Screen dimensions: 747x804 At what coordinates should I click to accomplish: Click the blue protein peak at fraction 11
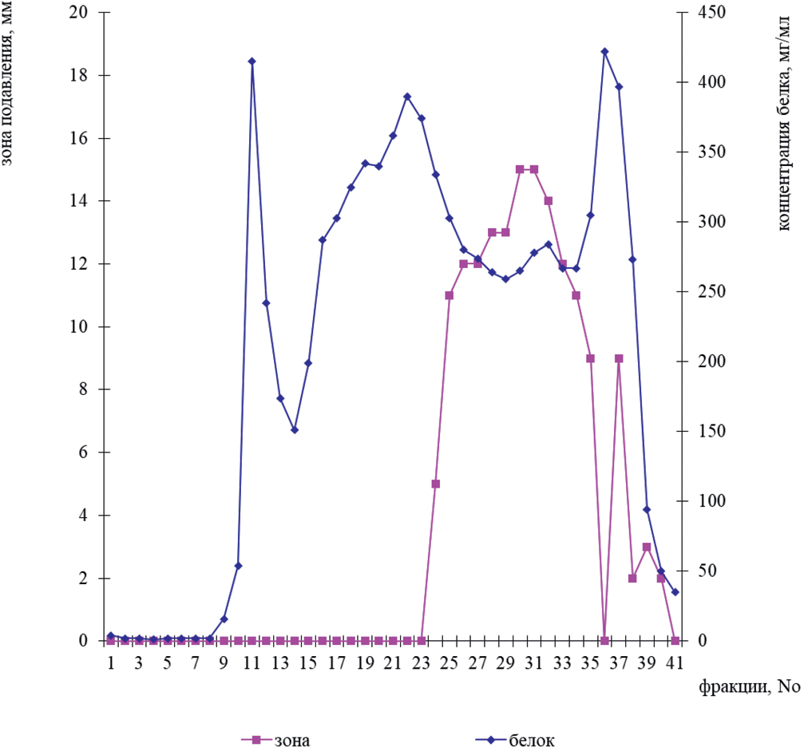(x=251, y=61)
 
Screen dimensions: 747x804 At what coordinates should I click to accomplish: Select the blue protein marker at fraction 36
(x=604, y=52)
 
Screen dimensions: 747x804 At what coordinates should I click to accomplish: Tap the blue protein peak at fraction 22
(x=407, y=97)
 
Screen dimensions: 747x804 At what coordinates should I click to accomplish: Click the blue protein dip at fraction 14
(x=295, y=430)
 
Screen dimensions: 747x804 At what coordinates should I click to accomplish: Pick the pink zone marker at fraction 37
(x=619, y=358)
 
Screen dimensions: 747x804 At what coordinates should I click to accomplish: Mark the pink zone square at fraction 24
(x=435, y=484)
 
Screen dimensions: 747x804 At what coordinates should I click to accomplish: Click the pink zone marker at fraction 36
(x=604, y=640)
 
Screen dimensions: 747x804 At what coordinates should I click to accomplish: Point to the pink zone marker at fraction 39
(x=647, y=547)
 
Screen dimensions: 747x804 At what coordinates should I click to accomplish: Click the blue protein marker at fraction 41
(x=675, y=592)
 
